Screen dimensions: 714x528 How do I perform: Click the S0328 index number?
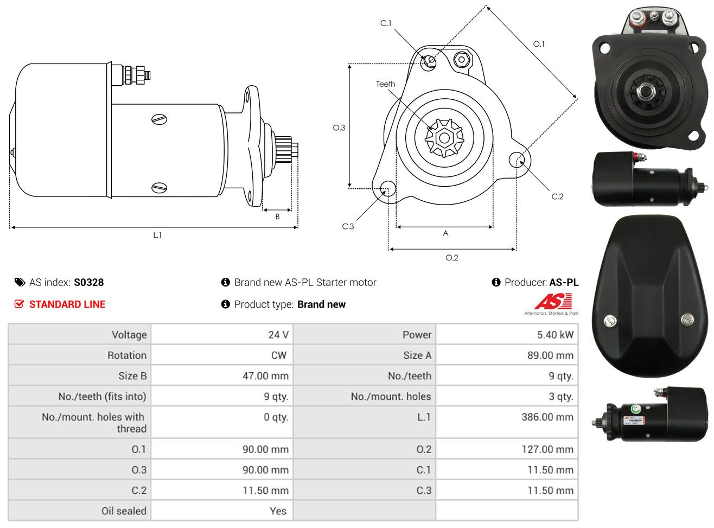click(88, 282)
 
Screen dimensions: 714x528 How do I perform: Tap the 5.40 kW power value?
click(555, 335)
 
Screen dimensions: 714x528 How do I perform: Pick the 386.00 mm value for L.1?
click(547, 417)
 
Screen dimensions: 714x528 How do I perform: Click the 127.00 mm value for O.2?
click(547, 449)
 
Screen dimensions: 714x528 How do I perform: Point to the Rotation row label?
click(127, 355)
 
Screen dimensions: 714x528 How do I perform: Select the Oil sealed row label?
click(124, 511)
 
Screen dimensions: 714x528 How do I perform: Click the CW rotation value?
click(278, 355)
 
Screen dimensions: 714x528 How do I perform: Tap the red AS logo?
click(553, 301)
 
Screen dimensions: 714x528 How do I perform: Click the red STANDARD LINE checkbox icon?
click(19, 303)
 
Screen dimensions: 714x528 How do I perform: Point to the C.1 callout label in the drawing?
click(386, 23)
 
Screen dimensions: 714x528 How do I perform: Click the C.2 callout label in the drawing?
click(557, 196)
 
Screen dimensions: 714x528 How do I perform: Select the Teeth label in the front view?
click(385, 84)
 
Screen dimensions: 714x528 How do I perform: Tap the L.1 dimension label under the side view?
click(157, 236)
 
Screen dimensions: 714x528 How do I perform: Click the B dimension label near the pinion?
click(277, 217)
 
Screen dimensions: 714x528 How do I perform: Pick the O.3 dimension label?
click(339, 128)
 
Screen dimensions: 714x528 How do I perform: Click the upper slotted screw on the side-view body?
click(159, 119)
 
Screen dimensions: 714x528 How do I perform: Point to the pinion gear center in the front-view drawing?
click(444, 138)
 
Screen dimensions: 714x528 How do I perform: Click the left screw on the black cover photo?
click(610, 320)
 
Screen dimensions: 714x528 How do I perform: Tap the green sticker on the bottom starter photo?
click(635, 409)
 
